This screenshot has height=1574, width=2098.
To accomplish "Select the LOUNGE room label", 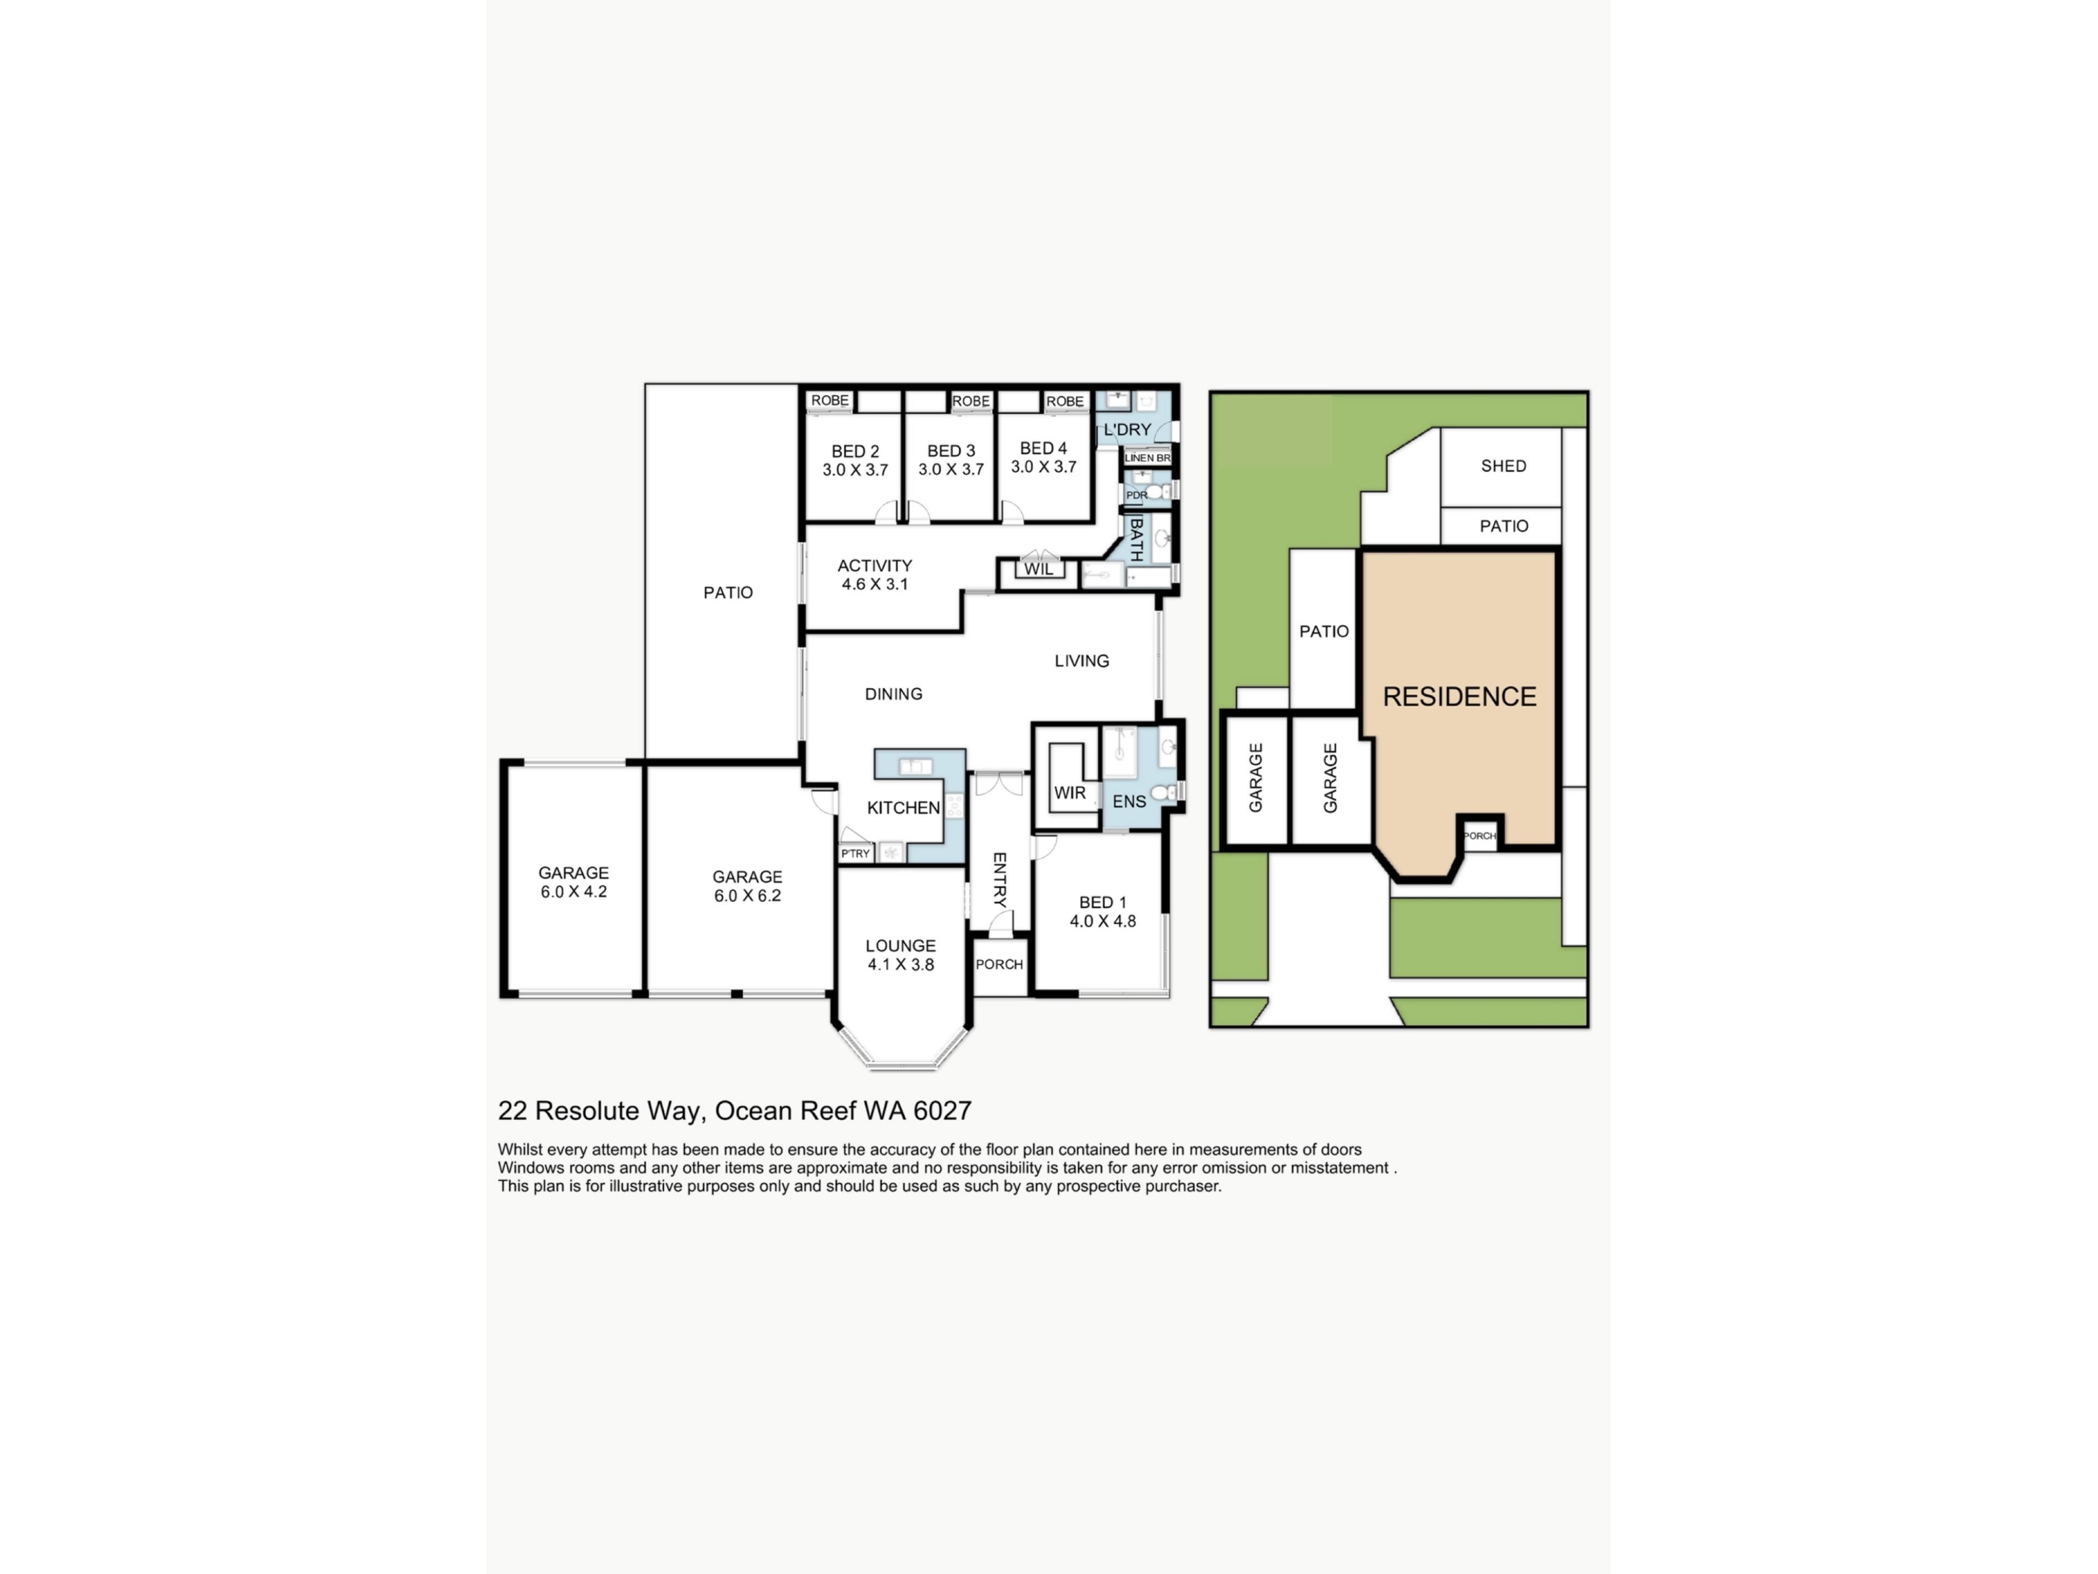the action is point(900,954).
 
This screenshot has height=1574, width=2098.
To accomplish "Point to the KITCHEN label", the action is point(903,807).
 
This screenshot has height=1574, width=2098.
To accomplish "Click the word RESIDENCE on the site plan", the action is point(1459,696).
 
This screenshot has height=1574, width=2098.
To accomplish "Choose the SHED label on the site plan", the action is point(1504,466).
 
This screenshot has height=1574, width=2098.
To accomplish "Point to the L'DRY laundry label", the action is point(1127,430).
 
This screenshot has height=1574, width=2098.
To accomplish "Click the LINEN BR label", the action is point(1147,457).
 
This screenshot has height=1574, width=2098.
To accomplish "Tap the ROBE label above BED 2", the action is point(830,401).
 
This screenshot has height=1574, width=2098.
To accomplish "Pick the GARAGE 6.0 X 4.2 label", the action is point(573,882).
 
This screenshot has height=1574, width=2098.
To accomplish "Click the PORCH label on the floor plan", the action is point(999,964).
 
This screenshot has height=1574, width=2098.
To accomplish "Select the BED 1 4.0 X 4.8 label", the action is point(1102,912).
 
